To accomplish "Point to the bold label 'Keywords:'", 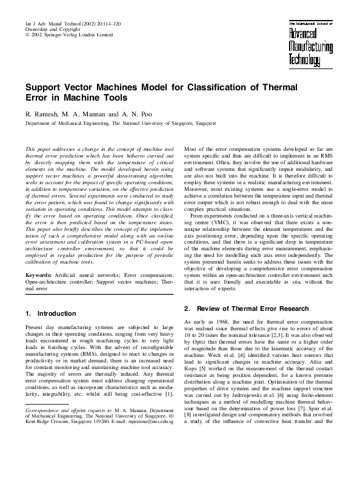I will pyautogui.click(x=38, y=275).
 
